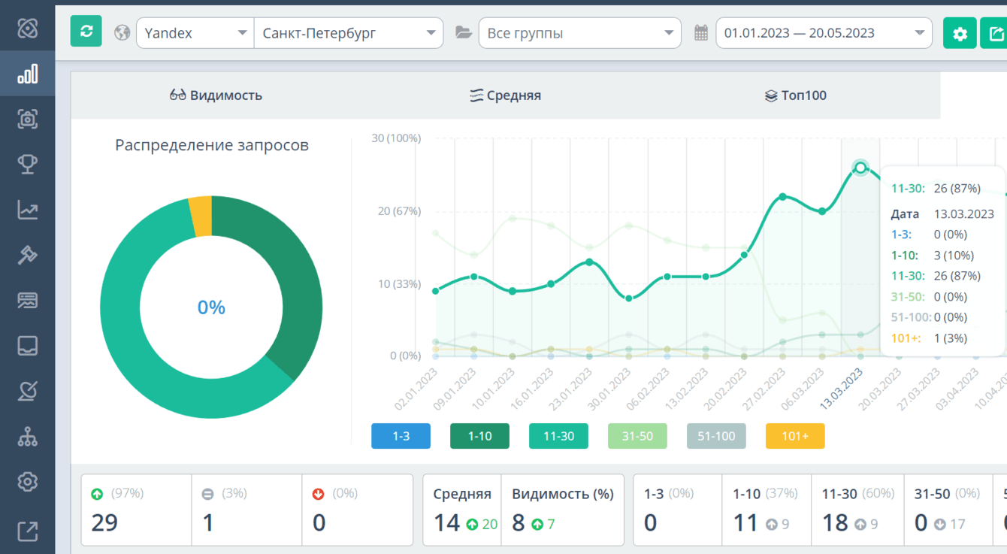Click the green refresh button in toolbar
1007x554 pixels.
coord(86,32)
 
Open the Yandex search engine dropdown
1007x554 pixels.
coord(195,33)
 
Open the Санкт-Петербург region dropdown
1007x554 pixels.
coord(349,33)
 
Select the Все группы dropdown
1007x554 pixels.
coord(579,33)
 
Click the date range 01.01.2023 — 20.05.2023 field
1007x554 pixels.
coord(824,33)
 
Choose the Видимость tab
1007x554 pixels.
coord(216,95)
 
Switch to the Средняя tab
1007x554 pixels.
coord(505,95)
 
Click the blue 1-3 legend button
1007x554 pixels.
coord(401,436)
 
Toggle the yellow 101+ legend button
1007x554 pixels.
coord(794,436)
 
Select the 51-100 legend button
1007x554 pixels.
coord(716,436)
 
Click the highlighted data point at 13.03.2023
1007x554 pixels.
coord(860,168)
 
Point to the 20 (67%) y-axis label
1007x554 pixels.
coord(399,211)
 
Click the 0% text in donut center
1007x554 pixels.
coord(211,307)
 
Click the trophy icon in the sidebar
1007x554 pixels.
coord(28,164)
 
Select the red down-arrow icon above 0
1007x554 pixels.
coord(318,494)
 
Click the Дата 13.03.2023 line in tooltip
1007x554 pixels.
coord(942,214)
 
